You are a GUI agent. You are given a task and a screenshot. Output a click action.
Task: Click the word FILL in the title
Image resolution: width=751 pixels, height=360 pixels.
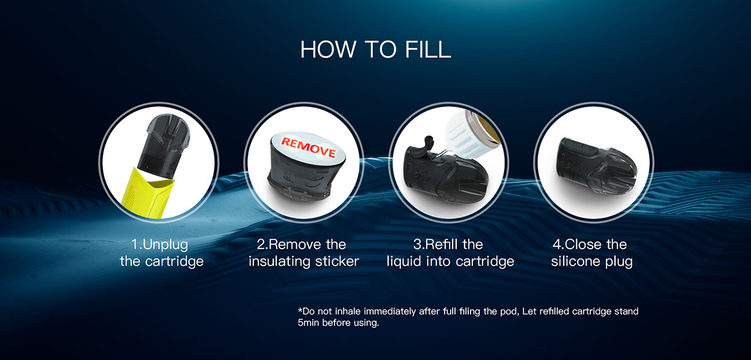point(427,49)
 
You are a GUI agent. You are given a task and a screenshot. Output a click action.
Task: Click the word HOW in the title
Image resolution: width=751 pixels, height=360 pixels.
point(327,49)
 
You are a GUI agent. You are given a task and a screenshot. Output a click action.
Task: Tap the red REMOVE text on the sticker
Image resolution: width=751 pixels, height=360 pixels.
point(309,147)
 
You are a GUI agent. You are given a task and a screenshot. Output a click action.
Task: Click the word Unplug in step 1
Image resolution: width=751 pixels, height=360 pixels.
point(165,245)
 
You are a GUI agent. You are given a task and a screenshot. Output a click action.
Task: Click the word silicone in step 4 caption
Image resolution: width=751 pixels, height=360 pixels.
point(576,261)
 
